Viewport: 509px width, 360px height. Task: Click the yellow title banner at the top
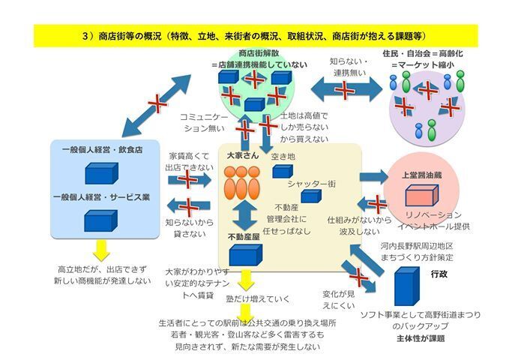[254, 34]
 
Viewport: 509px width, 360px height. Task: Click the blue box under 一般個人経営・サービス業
[101, 220]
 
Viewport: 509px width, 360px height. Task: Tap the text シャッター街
[311, 184]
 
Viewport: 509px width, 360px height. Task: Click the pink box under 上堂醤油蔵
[422, 196]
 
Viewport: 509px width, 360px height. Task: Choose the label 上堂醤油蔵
[421, 174]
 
